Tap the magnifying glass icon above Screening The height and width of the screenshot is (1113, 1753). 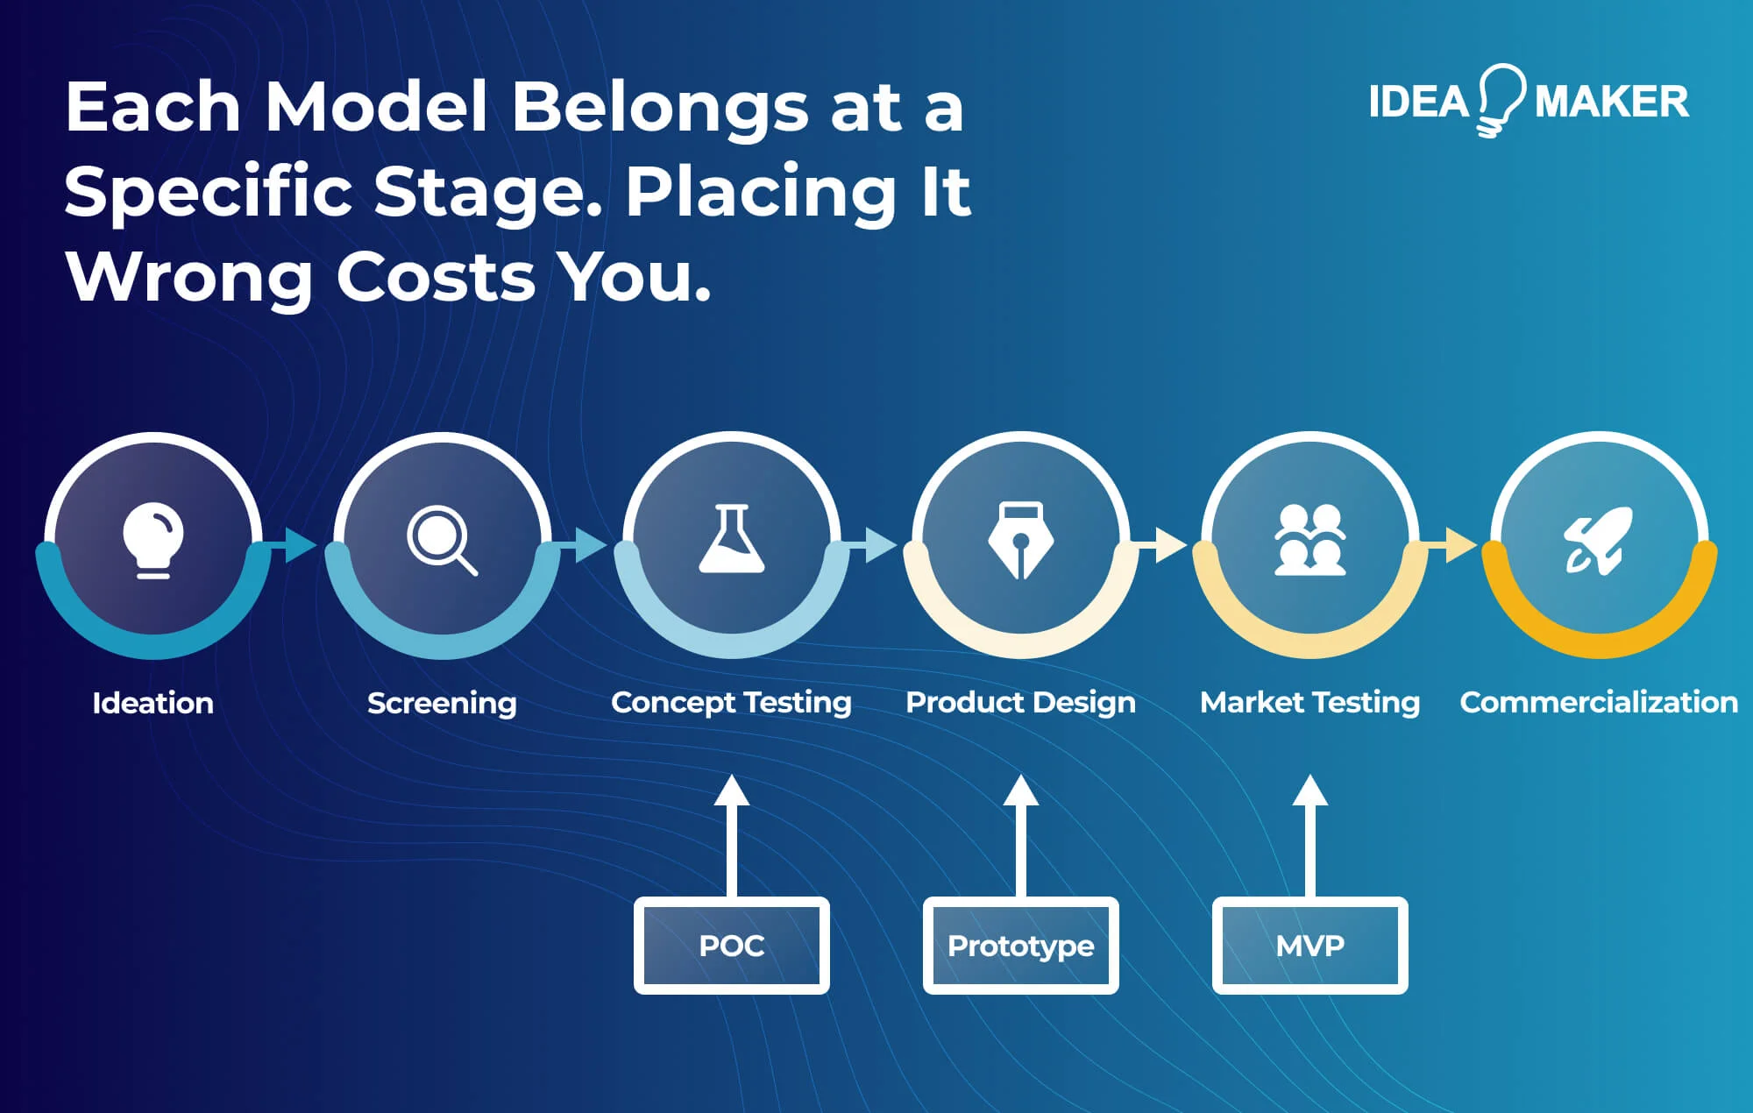441,540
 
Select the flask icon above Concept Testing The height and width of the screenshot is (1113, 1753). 732,539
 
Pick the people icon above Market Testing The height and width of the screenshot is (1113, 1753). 1309,540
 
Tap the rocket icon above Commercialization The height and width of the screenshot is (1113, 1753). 1599,540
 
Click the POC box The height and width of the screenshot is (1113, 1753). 732,946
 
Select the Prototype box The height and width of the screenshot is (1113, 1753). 1020,946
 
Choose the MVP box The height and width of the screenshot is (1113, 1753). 1309,946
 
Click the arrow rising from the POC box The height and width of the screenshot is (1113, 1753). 732,833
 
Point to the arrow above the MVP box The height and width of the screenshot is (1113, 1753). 1309,833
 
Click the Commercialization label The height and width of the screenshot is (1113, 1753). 1599,702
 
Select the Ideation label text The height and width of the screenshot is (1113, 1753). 153,703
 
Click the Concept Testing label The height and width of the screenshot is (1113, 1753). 732,702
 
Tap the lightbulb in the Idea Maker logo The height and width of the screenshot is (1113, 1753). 1501,99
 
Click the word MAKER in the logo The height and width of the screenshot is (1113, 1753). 1611,102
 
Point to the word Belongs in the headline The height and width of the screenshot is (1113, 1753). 659,107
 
